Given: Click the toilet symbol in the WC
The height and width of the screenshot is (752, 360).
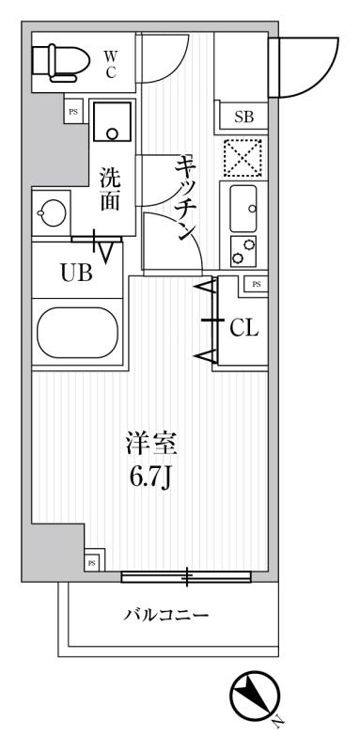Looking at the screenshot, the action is [61, 62].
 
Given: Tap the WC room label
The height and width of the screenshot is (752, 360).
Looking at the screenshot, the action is [110, 65].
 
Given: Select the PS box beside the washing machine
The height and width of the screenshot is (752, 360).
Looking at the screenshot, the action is [73, 112].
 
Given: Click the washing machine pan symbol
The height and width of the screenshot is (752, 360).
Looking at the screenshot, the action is [112, 121].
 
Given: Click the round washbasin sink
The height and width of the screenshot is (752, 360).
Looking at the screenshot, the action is [51, 211].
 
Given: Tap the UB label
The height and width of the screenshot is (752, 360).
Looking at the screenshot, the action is [76, 274].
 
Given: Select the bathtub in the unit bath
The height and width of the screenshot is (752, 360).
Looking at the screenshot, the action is [77, 333].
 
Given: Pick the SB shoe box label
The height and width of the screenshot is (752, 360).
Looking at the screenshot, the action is [244, 117].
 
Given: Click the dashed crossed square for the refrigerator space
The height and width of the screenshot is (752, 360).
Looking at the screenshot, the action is [243, 157].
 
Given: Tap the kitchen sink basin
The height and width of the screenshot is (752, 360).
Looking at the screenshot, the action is [243, 209].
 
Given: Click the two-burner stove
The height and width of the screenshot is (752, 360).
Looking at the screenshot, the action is [243, 251].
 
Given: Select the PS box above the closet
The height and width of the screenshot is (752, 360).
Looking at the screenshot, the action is [257, 284].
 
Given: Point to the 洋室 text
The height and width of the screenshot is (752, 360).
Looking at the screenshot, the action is [152, 443].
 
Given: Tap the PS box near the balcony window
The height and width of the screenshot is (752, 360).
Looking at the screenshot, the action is [94, 560].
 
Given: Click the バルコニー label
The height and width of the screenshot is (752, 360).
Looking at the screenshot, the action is [166, 615].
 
